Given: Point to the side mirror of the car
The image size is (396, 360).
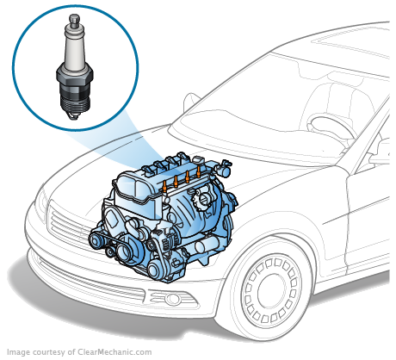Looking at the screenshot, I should tap(374, 156).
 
